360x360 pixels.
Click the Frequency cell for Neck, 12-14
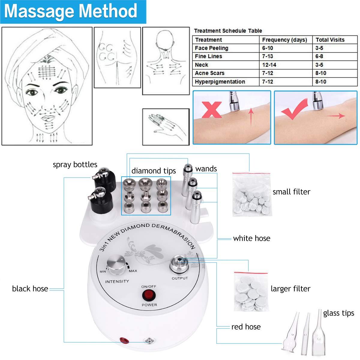[269, 65]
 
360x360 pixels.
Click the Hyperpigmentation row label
[220, 82]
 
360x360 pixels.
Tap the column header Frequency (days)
[284, 40]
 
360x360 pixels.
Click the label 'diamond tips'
[154, 171]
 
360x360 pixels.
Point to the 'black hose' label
[30, 289]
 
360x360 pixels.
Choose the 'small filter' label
[291, 192]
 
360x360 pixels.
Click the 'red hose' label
[246, 327]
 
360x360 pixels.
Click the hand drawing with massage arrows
[165, 127]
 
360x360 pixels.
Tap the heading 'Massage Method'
[71, 11]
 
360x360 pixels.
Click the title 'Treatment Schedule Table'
[228, 31]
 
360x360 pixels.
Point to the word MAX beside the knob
[133, 271]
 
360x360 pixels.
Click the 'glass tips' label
[338, 313]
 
